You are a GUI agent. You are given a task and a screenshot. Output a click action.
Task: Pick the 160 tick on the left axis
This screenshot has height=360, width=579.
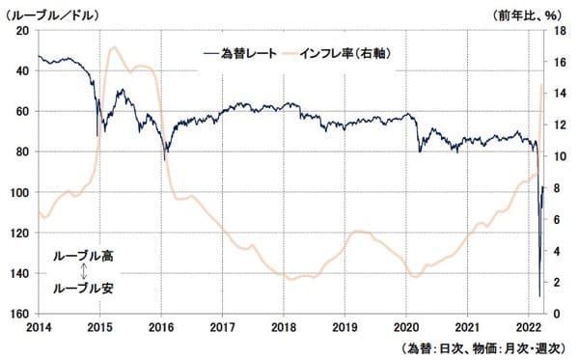click(x=18, y=314)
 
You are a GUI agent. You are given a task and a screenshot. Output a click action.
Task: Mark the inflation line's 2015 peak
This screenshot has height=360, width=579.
click(x=115, y=46)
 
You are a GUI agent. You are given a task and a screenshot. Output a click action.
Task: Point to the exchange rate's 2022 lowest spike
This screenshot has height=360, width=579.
click(x=538, y=295)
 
